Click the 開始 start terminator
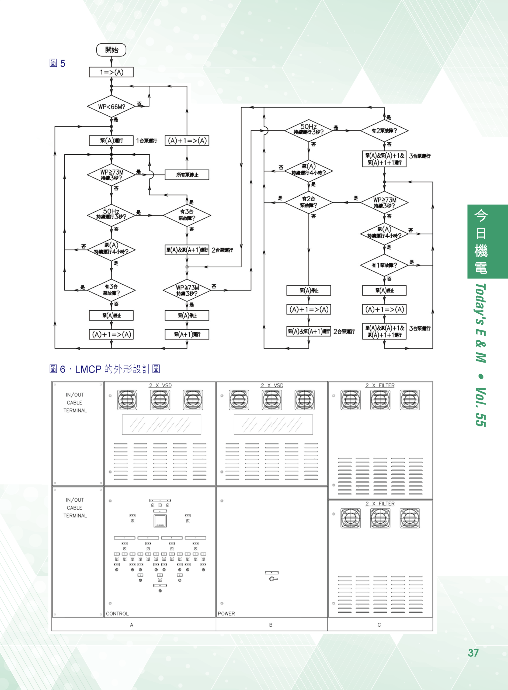pos(111,50)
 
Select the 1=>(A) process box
pos(111,72)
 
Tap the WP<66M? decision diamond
pos(111,107)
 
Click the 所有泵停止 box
pos(187,175)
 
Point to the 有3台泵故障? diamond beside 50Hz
pos(187,215)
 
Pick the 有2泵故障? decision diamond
pos(384,131)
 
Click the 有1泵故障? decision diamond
pos(384,265)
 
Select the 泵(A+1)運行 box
pos(187,334)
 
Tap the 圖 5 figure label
pos(57,63)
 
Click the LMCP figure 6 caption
pos(105,369)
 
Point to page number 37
pos(473,653)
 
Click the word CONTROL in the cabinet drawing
pos(117,613)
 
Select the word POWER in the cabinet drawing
pos(226,613)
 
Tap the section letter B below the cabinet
pos(271,625)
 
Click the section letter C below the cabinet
pos(379,625)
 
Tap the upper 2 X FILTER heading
pos(380,385)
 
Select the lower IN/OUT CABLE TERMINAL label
pos(75,508)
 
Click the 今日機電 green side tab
pos(481,241)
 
